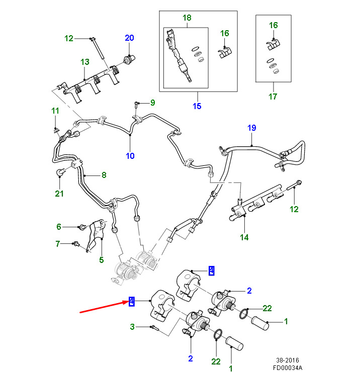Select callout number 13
[84, 62]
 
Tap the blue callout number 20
[130, 38]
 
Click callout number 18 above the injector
[187, 18]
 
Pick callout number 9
[152, 103]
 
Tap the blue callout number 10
[130, 156]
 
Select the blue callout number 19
[251, 128]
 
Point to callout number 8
[104, 175]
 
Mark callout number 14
[244, 237]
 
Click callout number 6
[58, 227]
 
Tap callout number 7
[58, 244]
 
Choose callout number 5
[101, 260]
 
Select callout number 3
[133, 327]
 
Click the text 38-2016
[289, 360]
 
